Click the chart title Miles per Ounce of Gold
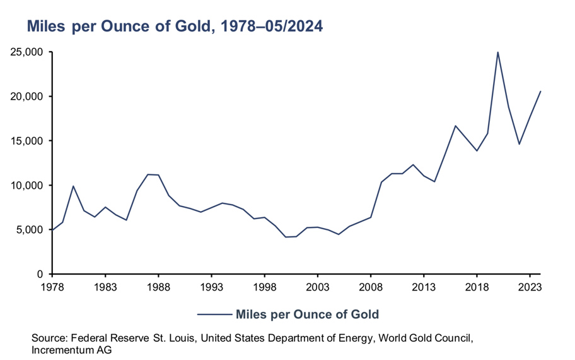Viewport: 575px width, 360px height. pos(174,27)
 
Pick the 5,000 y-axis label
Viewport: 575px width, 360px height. pos(29,230)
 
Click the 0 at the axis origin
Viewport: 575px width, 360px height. pos(38,274)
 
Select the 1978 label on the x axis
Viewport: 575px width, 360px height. pos(52,286)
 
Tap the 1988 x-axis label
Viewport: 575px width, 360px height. pos(158,286)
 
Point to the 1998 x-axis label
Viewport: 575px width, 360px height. pos(264,286)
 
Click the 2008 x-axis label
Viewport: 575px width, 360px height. pos(371,286)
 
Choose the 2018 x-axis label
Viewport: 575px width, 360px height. pos(477,286)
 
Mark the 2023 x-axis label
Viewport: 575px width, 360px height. pos(530,286)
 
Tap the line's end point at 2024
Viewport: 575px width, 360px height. pos(540,92)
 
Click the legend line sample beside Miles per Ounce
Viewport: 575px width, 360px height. pos(214,314)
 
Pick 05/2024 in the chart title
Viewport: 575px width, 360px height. pos(289,27)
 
